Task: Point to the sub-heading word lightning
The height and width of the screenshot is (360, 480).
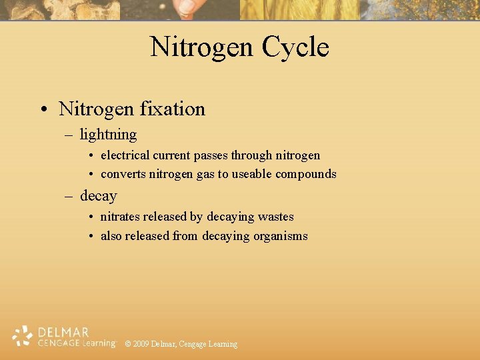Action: click(x=108, y=135)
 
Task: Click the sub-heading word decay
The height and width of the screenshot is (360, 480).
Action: click(x=98, y=196)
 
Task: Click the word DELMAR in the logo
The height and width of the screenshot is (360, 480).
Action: click(x=63, y=331)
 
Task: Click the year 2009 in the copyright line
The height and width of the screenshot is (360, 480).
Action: click(x=141, y=344)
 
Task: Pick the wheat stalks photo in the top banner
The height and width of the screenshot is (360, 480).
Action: click(x=300, y=9)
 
